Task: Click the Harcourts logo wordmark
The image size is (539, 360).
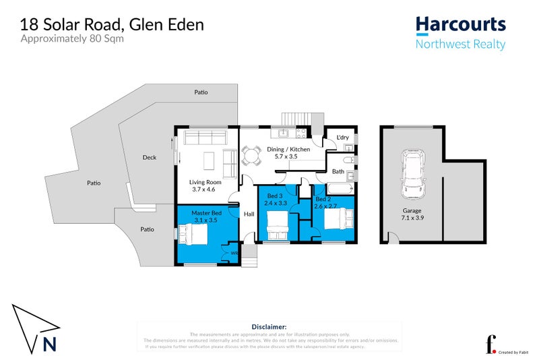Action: click(x=460, y=24)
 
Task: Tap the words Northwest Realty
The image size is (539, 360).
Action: click(x=460, y=44)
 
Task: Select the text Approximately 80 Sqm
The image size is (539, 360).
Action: click(x=73, y=38)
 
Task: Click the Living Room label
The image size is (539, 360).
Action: click(x=205, y=186)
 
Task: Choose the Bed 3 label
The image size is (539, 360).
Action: click(x=275, y=198)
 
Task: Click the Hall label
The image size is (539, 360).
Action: click(x=248, y=214)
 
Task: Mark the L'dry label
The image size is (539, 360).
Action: click(x=342, y=138)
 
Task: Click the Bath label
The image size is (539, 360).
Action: click(x=338, y=172)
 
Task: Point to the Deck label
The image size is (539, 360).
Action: click(x=150, y=158)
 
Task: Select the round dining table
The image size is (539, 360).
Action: click(x=252, y=158)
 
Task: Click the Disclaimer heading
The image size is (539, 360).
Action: click(x=269, y=325)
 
